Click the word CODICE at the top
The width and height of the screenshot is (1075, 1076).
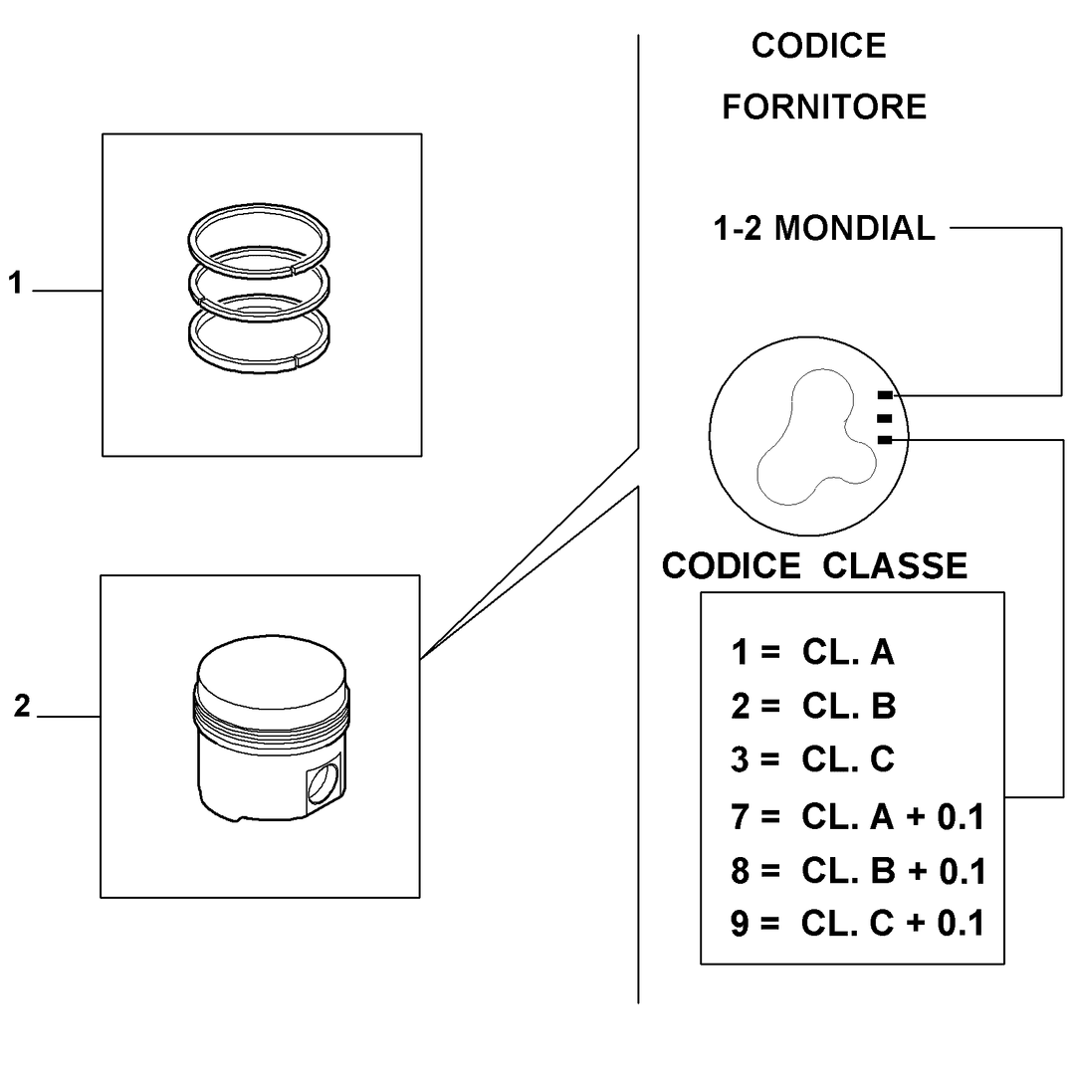(x=818, y=46)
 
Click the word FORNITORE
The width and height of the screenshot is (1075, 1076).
(x=824, y=108)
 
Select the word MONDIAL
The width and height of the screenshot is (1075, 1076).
(x=855, y=229)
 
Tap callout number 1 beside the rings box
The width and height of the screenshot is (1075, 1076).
(x=15, y=283)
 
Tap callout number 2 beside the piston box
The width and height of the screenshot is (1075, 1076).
(x=22, y=706)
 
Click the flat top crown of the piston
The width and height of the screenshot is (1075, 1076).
(x=272, y=673)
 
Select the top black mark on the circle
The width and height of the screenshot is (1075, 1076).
(x=885, y=395)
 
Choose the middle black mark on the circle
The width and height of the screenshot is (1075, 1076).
(x=885, y=418)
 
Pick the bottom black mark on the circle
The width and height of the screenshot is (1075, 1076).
(x=885, y=440)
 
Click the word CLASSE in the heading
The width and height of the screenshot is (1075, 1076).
(x=895, y=566)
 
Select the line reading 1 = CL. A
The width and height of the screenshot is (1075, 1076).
(x=813, y=652)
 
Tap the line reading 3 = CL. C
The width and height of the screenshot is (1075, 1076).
(x=813, y=759)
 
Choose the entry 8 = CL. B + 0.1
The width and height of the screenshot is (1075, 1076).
(x=858, y=871)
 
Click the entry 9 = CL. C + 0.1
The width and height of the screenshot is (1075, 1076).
(x=858, y=923)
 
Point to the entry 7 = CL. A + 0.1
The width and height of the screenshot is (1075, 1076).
(x=858, y=816)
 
